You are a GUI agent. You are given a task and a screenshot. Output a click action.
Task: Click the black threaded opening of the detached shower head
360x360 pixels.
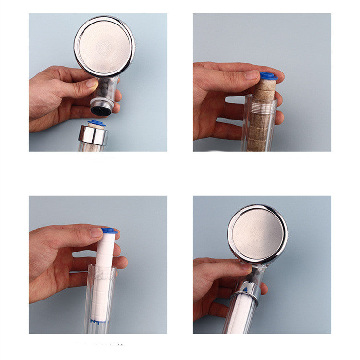coord(101,110)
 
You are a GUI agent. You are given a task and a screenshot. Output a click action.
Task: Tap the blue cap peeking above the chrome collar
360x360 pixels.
coord(97,123)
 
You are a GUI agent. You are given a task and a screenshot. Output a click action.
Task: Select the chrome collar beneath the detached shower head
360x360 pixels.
coord(93,136)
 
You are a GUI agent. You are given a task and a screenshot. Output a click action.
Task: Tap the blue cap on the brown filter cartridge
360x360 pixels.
coord(268,76)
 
